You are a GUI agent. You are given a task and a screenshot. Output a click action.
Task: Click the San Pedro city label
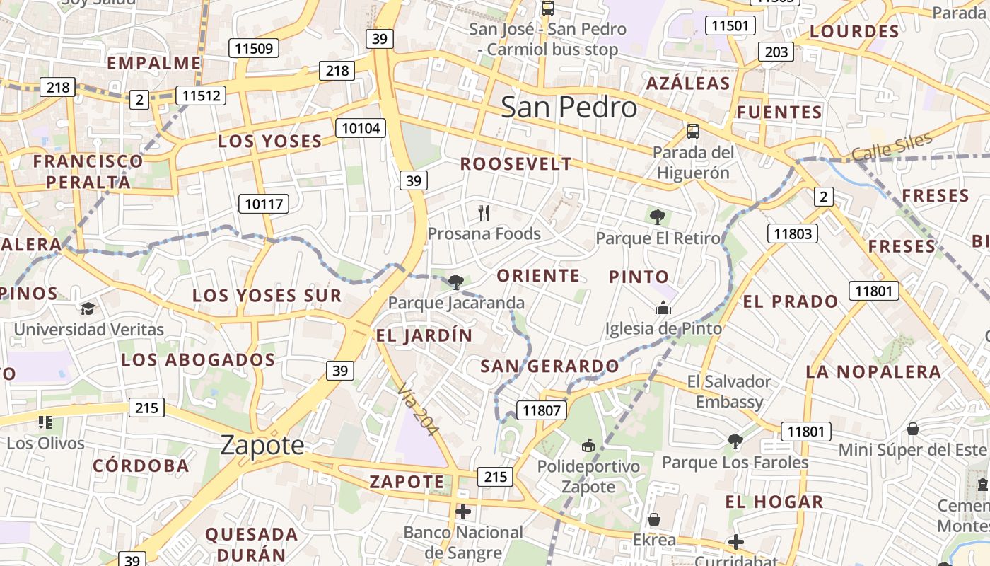(569, 107)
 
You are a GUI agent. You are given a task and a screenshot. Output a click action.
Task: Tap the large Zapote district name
(262, 445)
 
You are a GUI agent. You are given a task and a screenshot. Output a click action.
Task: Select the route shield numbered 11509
(254, 48)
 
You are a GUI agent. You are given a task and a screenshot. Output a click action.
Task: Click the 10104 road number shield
(361, 128)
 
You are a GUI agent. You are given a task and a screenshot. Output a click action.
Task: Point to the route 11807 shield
(542, 410)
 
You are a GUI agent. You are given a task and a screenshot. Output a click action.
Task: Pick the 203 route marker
(776, 52)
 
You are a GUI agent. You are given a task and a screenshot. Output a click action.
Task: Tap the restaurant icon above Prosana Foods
(484, 212)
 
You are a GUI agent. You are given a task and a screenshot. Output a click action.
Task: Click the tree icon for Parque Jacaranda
(456, 282)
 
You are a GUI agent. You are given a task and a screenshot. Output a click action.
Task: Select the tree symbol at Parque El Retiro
(658, 217)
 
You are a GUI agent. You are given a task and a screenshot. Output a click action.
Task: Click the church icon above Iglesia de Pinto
(663, 308)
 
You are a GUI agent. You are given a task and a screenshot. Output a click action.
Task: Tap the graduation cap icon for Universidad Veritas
(88, 308)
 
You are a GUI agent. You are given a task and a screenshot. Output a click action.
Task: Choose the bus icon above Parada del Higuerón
(692, 131)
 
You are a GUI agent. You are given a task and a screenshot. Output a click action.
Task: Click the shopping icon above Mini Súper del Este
(913, 429)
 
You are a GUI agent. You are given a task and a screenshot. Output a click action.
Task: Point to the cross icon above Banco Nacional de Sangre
(463, 511)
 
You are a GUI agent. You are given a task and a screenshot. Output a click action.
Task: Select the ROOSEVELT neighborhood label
(516, 164)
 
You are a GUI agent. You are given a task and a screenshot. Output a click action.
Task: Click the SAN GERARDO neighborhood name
(549, 366)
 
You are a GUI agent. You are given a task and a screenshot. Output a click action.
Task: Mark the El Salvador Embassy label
(729, 392)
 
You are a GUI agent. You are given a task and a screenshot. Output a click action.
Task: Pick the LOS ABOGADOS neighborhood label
(198, 360)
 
